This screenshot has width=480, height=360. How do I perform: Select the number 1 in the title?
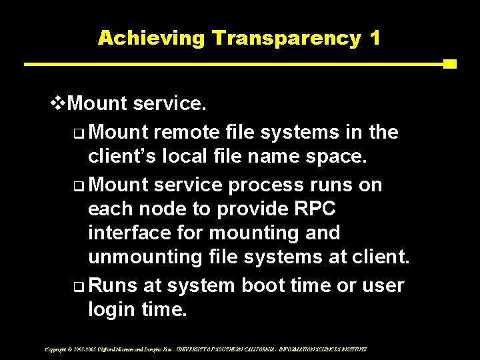374,38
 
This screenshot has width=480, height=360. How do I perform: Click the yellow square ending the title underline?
449,65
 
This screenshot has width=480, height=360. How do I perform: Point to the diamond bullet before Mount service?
59,104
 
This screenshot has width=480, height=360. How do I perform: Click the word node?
163,209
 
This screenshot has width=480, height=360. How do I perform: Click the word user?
382,285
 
